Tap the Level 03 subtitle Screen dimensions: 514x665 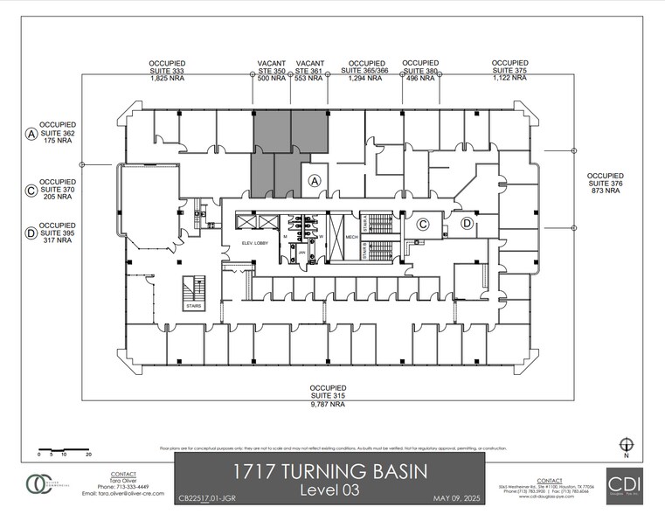tap(329, 490)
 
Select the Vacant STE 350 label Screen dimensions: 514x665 tap(273, 70)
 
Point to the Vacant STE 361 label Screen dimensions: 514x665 tap(310, 70)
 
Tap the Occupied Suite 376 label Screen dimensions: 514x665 tap(606, 182)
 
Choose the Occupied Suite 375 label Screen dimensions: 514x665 tap(509, 70)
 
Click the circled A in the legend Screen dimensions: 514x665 tap(31, 134)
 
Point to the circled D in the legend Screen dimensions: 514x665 tap(31, 233)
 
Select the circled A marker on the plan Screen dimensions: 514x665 tap(315, 180)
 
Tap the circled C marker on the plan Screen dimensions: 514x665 tap(422, 225)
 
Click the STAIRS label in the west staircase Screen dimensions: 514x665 tap(192, 307)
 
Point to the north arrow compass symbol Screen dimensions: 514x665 tap(625, 445)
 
